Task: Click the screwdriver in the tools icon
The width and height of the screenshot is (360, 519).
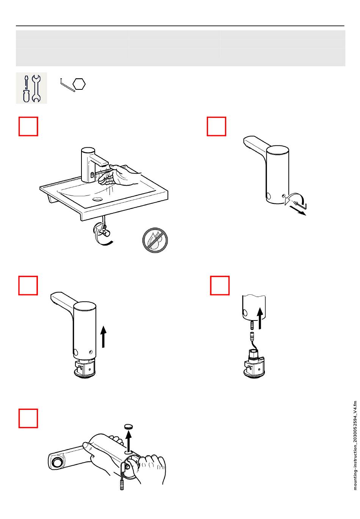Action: pyautogui.click(x=26, y=89)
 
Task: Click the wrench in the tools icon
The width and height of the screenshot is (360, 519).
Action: pyautogui.click(x=36, y=89)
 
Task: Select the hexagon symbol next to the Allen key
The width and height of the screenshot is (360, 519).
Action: pyautogui.click(x=79, y=84)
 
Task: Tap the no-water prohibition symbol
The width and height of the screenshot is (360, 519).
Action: pyautogui.click(x=155, y=240)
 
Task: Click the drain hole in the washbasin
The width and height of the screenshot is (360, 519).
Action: pyautogui.click(x=97, y=199)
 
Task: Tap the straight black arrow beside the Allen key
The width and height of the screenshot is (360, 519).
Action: pyautogui.click(x=298, y=210)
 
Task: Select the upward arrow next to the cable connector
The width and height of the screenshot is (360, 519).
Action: pyautogui.click(x=260, y=318)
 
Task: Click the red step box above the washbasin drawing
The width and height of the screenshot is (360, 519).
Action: pyautogui.click(x=28, y=126)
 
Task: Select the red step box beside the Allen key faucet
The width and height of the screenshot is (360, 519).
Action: pyautogui.click(x=216, y=126)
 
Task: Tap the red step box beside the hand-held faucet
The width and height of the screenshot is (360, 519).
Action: pyautogui.click(x=28, y=418)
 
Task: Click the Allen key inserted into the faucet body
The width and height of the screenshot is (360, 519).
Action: pyautogui.click(x=301, y=205)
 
